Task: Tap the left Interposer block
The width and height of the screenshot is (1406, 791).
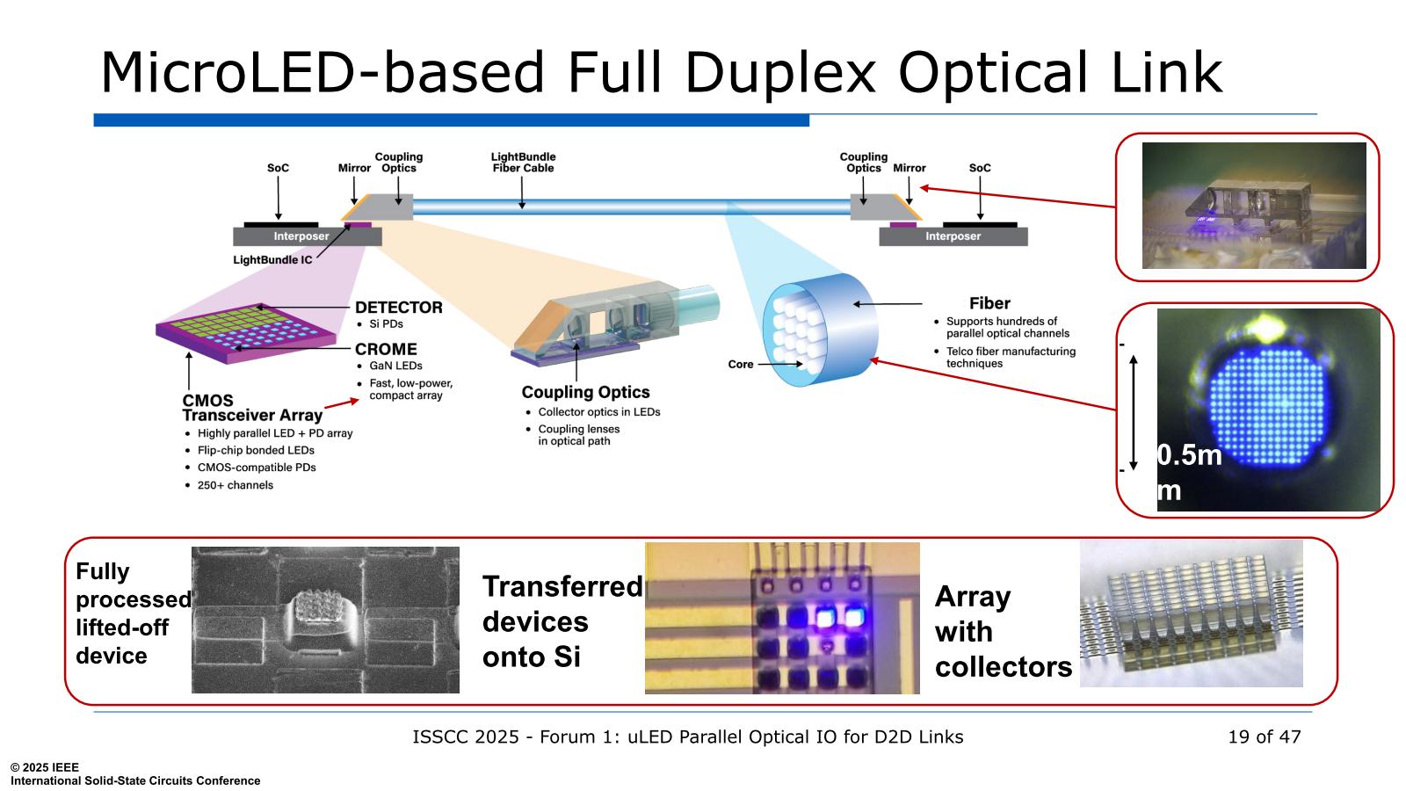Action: tap(301, 236)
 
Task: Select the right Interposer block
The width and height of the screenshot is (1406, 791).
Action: tap(953, 236)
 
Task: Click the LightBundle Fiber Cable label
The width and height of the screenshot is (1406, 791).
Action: tap(523, 163)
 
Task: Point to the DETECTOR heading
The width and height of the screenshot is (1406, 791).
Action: tap(398, 307)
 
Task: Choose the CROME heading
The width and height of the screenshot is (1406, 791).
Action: tap(386, 349)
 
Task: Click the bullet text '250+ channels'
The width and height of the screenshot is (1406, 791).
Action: tap(235, 485)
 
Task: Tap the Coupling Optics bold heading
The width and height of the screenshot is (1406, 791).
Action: tap(585, 392)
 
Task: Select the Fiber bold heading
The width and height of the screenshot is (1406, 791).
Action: tap(989, 303)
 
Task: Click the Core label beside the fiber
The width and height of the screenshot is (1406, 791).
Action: tap(740, 364)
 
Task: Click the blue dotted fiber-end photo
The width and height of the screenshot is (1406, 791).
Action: tap(1268, 410)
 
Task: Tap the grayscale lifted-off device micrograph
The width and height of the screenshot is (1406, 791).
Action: tap(325, 620)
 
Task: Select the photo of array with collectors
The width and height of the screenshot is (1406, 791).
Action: tap(1191, 613)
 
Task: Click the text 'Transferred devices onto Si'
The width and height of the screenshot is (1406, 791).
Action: tap(561, 621)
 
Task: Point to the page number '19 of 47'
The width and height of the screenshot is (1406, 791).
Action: tap(1264, 737)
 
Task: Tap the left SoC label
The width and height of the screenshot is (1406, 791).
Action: tap(278, 168)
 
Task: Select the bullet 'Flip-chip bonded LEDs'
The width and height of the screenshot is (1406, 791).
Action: tap(256, 450)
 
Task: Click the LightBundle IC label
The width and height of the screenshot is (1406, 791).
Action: tap(272, 260)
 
